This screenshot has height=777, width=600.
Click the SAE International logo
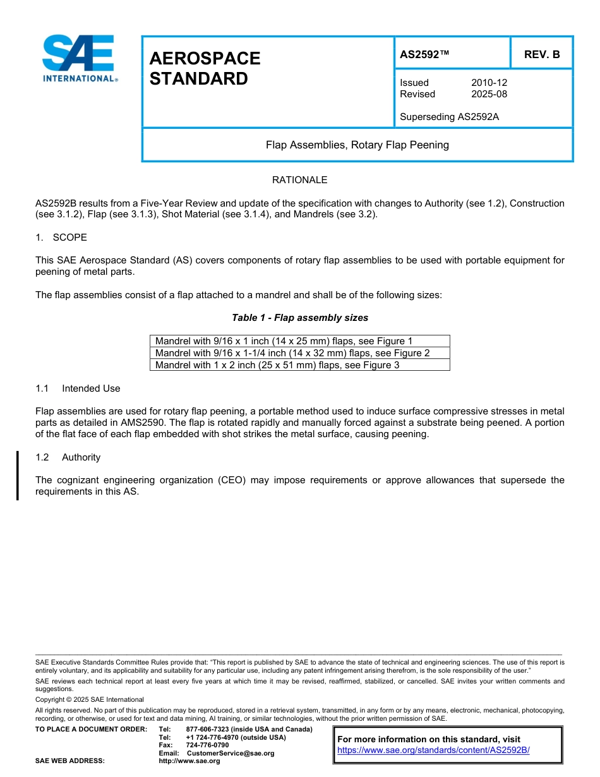pos(79,58)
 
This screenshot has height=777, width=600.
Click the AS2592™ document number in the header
pos(424,54)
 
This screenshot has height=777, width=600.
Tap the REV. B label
pos(542,54)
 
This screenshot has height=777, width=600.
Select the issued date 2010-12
pos(489,83)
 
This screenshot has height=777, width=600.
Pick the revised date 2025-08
pos(489,94)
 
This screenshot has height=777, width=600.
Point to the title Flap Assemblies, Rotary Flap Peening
pos(357,145)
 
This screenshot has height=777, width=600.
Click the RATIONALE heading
pos(299,180)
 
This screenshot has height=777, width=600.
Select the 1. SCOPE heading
pos(61,238)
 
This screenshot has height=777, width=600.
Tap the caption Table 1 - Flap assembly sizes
pos(299,318)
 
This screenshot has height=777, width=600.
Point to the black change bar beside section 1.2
pos(18,475)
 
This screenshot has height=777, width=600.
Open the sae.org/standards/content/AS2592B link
pos(433,750)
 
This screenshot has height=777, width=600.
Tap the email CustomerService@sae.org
pos(231,753)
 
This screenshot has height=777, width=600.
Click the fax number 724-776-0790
pos(207,745)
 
